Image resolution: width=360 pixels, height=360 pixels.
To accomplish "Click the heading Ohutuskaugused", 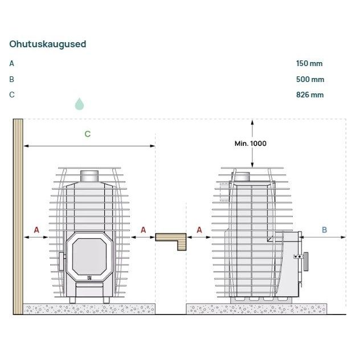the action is (x=48, y=44).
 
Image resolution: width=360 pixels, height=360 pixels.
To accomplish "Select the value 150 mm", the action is (x=309, y=63).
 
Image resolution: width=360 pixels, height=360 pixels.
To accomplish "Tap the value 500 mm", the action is (x=310, y=79).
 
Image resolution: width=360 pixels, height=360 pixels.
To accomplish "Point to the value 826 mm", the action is (x=310, y=95).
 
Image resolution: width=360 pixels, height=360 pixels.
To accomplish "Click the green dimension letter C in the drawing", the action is (x=88, y=134).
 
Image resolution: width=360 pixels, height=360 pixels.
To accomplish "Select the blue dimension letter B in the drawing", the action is (x=324, y=230).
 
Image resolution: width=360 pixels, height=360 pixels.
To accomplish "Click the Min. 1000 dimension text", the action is (x=251, y=144).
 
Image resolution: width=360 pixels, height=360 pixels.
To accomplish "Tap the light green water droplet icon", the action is (x=79, y=104).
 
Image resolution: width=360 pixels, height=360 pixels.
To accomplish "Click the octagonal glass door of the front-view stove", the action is (x=89, y=256).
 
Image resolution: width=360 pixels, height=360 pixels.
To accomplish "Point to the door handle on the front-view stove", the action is (x=62, y=261).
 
